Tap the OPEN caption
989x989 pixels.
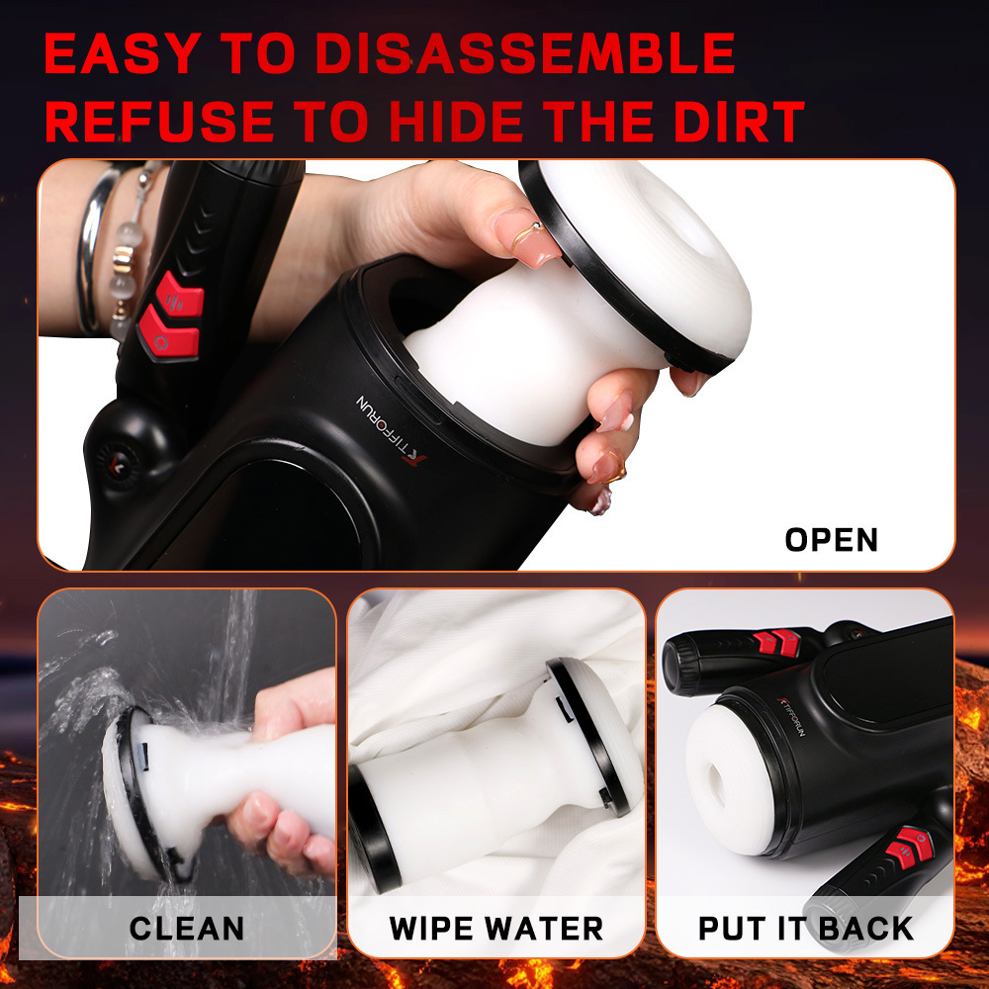pos(831,540)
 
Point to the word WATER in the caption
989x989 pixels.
pos(552,929)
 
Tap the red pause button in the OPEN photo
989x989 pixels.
pos(178,294)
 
